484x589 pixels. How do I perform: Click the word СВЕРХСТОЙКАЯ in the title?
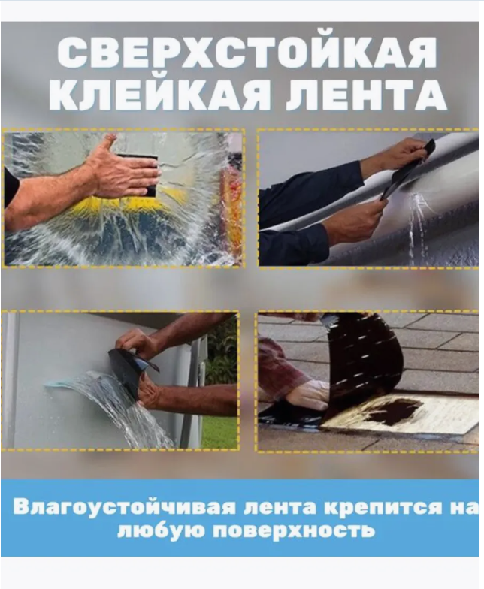[x=247, y=55]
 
